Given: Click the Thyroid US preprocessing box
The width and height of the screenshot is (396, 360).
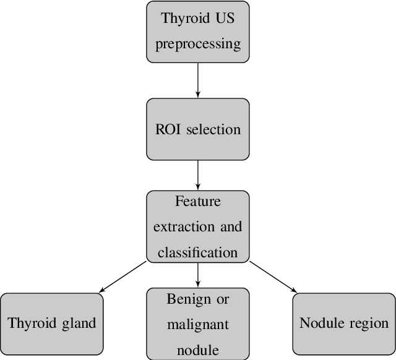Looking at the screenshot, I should (x=197, y=32).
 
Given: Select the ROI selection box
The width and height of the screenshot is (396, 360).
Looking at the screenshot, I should (x=197, y=129).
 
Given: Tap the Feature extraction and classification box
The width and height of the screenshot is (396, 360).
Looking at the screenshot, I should (x=197, y=226).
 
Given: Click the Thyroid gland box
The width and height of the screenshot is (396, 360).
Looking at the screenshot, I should (x=51, y=324).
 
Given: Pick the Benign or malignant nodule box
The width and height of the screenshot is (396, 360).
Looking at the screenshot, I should (x=197, y=324).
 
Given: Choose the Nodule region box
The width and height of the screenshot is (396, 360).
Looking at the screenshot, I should (x=343, y=324).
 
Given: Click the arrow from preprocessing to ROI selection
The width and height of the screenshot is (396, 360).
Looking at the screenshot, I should (x=197, y=80).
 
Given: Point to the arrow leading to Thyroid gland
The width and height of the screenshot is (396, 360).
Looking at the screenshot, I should (x=123, y=276).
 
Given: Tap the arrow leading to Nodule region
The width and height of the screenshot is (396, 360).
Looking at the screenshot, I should (x=273, y=276).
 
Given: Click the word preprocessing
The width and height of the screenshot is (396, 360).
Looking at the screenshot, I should (x=197, y=45).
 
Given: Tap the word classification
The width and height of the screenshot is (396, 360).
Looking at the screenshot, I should (x=197, y=252).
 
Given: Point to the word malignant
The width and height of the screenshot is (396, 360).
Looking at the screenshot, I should (x=197, y=325).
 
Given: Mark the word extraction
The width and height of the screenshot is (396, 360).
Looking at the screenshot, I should (x=184, y=227).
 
